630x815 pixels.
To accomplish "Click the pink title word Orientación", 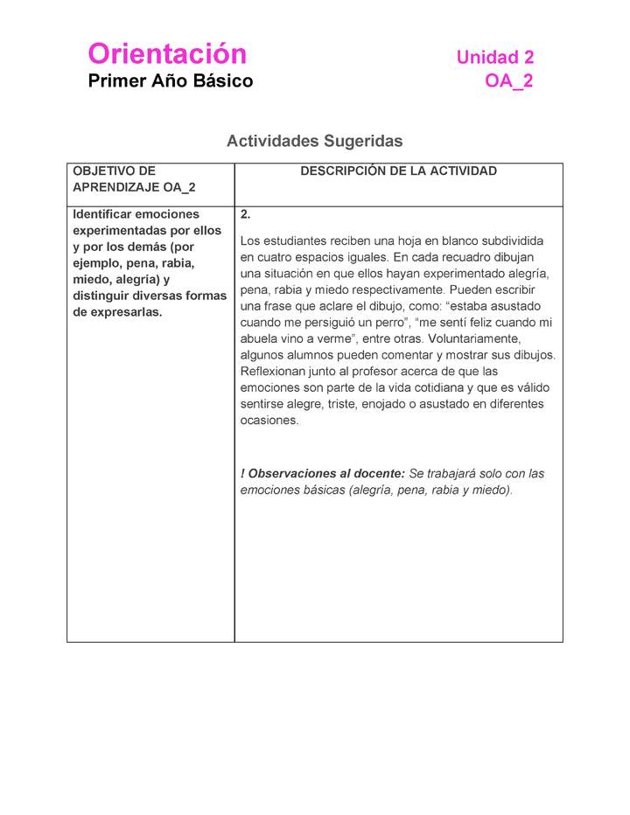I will point(167,54).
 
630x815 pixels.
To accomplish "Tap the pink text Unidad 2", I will point(494,58).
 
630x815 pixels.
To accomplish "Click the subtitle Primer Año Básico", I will point(171,81).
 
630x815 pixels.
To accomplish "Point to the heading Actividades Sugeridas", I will point(314,141).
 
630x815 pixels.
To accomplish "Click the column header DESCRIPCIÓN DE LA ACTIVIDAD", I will point(398,171).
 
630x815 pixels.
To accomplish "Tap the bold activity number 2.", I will point(246,214).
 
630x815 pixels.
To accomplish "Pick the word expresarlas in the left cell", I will point(118,312).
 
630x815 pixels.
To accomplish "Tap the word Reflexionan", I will point(274,371).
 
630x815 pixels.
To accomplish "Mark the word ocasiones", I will point(269,420).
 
